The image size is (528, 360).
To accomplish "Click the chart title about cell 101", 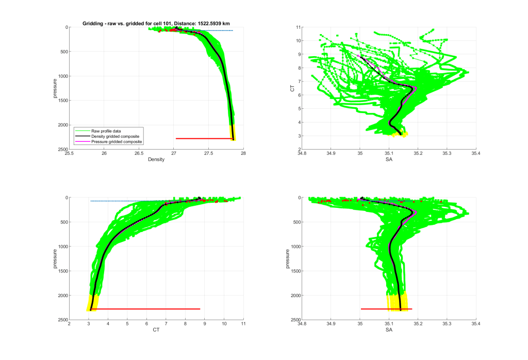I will coord(156,23).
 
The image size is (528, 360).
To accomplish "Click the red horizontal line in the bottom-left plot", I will coord(144,309).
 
